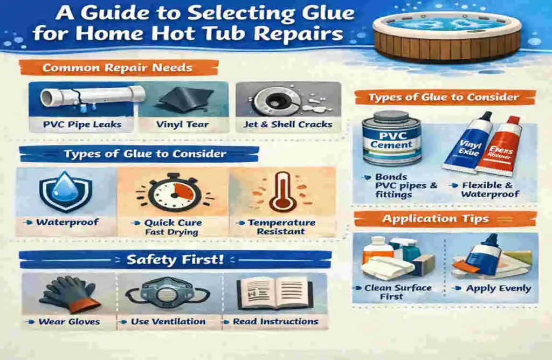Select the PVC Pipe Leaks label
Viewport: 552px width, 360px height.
point(82,124)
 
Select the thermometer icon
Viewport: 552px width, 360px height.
point(282,192)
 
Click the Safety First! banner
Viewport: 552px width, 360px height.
point(175,260)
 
